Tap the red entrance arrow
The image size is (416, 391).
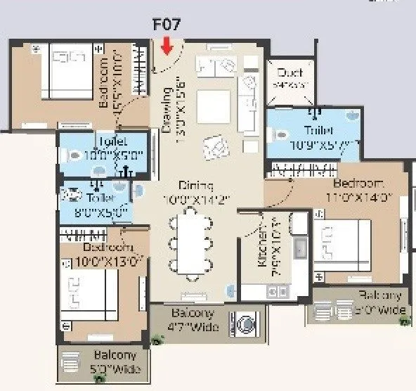pos(167,46)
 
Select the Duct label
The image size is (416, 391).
pos(290,72)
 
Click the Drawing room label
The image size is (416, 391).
pos(167,109)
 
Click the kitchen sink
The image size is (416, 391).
pos(300,248)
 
